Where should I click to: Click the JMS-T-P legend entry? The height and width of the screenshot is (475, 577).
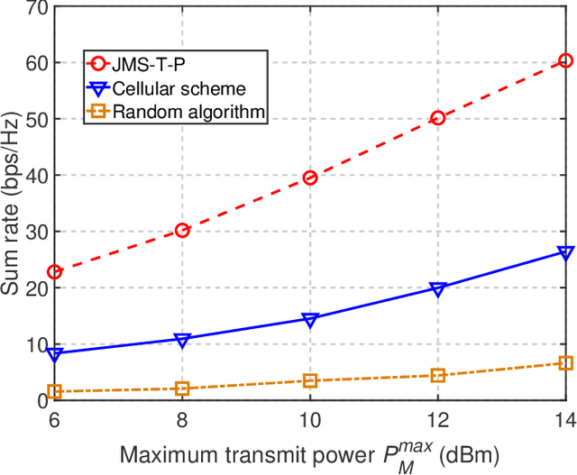[146, 63]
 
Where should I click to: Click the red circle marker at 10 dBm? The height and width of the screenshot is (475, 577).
[310, 178]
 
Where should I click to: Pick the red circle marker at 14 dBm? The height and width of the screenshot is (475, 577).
[565, 60]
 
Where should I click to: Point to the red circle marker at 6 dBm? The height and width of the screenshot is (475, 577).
[55, 271]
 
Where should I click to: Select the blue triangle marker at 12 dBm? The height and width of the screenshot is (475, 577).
[438, 289]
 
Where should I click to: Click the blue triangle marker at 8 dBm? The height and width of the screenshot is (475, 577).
[182, 340]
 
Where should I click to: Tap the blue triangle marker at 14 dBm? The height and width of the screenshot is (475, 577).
[565, 253]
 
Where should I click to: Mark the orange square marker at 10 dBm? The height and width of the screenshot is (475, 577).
[310, 380]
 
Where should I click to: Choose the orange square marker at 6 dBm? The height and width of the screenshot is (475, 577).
[55, 391]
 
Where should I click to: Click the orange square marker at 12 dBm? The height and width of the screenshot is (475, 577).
[438, 375]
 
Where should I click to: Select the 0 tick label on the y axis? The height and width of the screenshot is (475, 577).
[40, 399]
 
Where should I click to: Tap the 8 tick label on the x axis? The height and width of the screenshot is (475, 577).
[182, 420]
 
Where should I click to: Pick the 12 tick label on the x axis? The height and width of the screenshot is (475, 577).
[438, 420]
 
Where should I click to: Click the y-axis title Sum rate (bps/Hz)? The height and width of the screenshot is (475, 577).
[12, 203]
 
